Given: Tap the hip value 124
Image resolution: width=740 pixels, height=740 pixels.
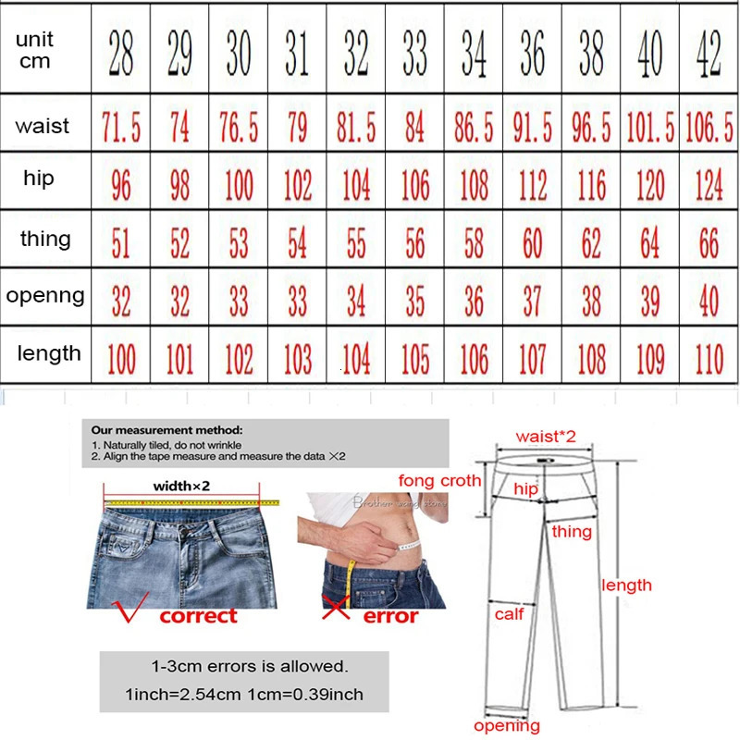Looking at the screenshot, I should [x=709, y=186].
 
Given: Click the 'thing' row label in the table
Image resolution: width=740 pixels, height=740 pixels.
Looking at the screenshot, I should [x=45, y=239].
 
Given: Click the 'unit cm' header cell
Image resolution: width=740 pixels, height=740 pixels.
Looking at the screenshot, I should [x=34, y=51].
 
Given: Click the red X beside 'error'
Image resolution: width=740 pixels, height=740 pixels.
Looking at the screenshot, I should [x=334, y=610].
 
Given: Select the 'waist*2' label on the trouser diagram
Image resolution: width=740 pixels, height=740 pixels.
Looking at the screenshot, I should [x=546, y=436].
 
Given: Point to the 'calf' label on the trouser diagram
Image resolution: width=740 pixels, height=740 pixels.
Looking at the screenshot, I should [x=509, y=613].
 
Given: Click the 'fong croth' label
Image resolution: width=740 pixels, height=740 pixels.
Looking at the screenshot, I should [x=439, y=480].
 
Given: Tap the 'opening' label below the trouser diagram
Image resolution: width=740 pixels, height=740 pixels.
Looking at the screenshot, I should [x=506, y=725].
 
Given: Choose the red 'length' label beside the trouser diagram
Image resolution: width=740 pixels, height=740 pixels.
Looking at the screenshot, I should [x=626, y=585].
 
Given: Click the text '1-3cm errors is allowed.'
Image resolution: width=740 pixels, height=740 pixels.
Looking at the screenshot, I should [x=250, y=666].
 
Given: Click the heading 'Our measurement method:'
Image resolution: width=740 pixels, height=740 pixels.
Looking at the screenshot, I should [x=166, y=430].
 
